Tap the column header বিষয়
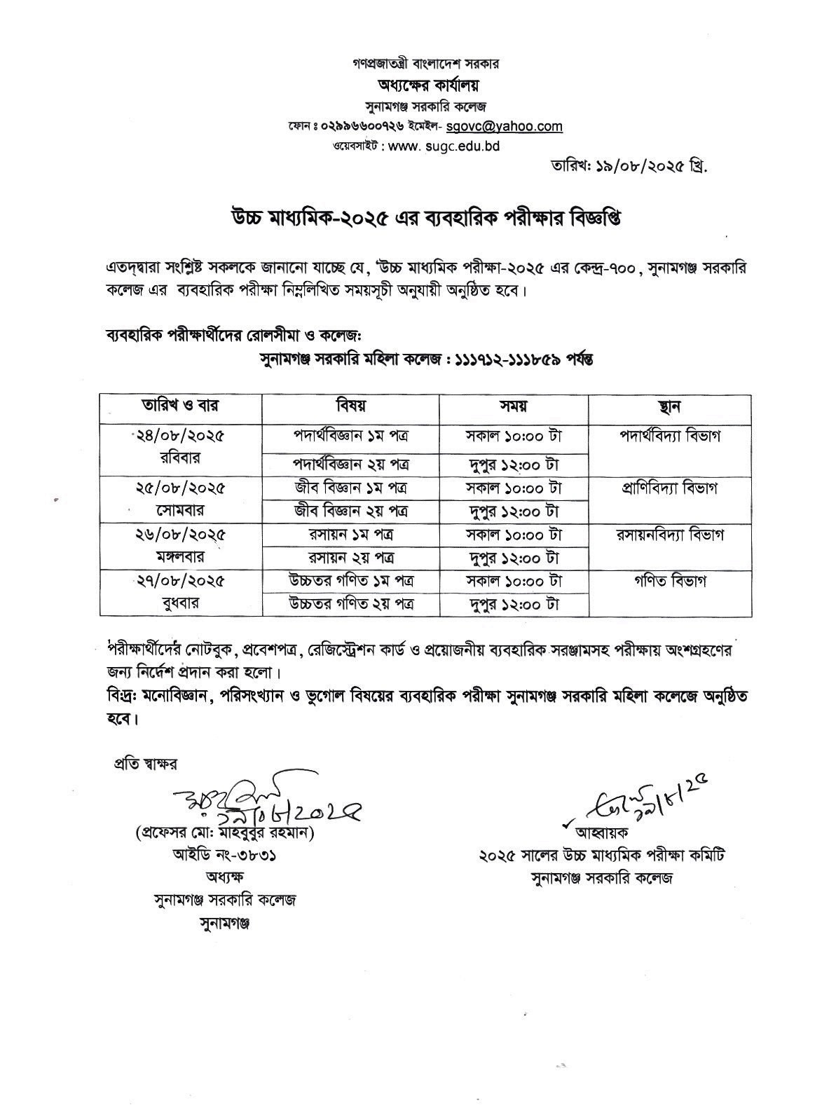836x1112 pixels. (x=350, y=406)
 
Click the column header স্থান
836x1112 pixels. (x=669, y=406)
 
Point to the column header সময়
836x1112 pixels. (x=513, y=406)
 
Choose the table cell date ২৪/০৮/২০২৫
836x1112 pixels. (x=181, y=435)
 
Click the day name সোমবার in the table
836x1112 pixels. (x=181, y=509)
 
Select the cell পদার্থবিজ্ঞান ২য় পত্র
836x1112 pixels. (x=350, y=464)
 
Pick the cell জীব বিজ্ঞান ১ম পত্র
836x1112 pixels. (x=350, y=487)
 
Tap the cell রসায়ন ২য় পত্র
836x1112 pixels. (x=350, y=558)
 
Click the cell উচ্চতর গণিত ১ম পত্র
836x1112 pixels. (x=350, y=581)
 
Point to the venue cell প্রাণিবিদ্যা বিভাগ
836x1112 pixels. (x=669, y=488)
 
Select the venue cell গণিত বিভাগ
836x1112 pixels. (x=669, y=581)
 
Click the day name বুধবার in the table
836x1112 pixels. (x=181, y=603)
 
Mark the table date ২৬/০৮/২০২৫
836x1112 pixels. (x=181, y=534)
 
